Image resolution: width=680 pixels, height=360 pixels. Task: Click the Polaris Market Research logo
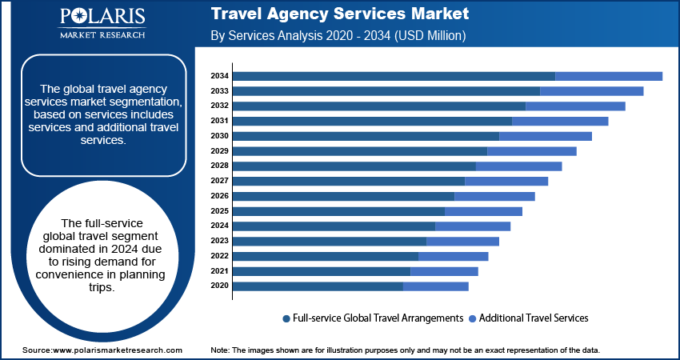point(102,24)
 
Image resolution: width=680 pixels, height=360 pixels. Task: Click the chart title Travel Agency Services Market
point(340,14)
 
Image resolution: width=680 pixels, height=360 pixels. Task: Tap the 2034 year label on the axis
point(219,76)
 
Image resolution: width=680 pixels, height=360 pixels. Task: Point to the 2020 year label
point(219,286)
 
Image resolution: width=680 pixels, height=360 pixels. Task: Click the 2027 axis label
point(219,181)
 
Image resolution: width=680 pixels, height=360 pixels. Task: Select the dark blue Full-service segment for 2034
point(394,76)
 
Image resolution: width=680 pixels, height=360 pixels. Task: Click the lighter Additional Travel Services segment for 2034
point(608,76)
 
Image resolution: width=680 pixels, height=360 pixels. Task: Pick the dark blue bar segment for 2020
point(318,286)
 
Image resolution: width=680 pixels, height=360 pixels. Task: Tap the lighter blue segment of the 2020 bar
point(436,286)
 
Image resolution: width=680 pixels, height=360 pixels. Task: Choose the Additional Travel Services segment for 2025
point(483,211)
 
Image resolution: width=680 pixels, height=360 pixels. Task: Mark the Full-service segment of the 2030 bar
point(366,136)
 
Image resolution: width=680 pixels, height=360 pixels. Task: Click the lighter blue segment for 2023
point(462,241)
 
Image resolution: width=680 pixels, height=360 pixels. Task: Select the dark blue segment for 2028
point(354,166)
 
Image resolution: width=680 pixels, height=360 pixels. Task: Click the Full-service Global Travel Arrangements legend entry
point(373,318)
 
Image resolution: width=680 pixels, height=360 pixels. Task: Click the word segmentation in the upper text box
point(148,103)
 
